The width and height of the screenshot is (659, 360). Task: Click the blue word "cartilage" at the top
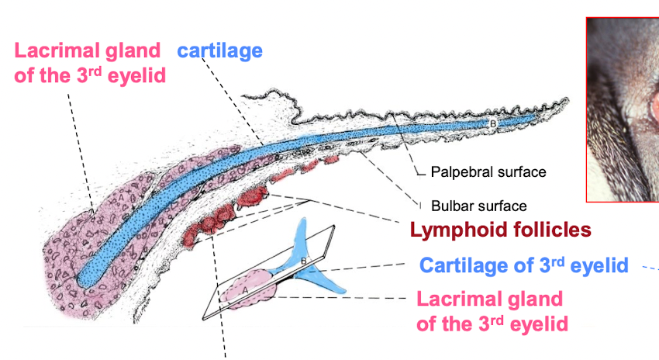[x=219, y=52]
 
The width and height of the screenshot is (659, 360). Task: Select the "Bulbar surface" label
[x=479, y=206]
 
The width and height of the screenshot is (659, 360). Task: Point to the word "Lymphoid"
[x=454, y=230]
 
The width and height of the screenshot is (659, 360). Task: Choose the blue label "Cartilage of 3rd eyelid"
[x=523, y=265]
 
